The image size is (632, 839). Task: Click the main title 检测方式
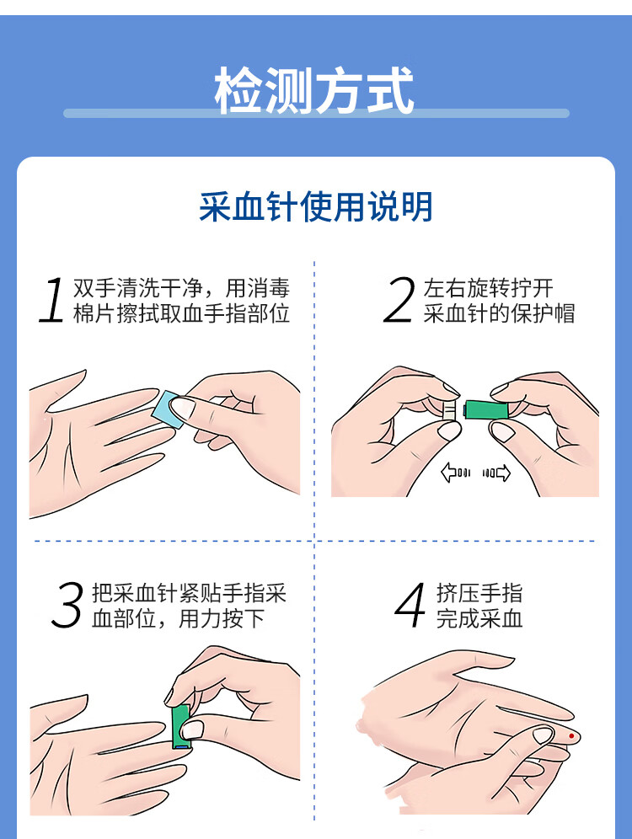point(314,90)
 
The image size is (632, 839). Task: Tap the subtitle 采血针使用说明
point(316,206)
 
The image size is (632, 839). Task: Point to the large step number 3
point(67,605)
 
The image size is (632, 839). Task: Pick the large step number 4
point(410,605)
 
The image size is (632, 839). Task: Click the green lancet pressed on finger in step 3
point(180,727)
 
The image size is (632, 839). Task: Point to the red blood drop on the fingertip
point(571,736)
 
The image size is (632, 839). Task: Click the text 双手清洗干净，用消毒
point(181,288)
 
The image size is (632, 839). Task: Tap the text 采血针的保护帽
point(500,313)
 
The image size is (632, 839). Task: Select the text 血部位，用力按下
point(179,618)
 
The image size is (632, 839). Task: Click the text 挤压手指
point(479,593)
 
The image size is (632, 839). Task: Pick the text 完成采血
point(479,618)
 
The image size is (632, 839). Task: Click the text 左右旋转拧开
point(489,288)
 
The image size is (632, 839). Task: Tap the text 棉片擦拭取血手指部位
point(181,313)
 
